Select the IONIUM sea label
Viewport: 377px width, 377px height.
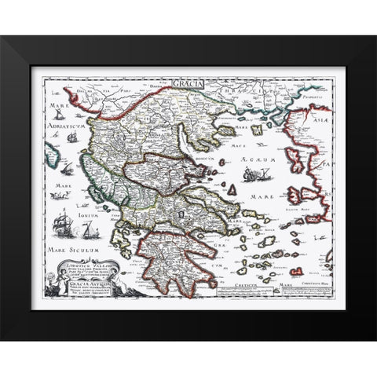(61, 201)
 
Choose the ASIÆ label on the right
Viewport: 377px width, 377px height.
(322, 114)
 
